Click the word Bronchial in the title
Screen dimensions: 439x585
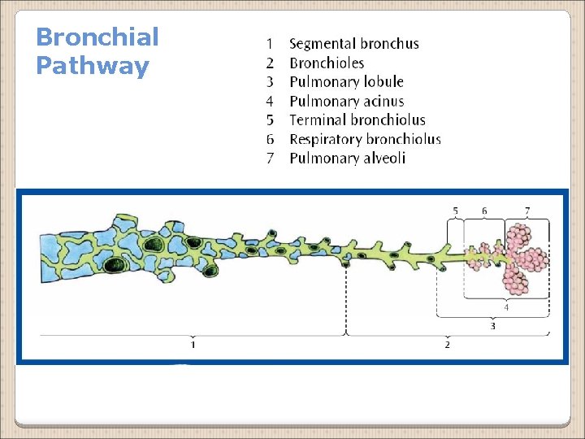coord(97,37)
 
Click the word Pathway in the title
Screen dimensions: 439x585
coord(93,66)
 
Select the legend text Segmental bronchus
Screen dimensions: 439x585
coord(354,44)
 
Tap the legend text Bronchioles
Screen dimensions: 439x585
coord(327,63)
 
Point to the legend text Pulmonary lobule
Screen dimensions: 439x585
coord(346,81)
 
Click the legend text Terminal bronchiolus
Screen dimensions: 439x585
coord(357,120)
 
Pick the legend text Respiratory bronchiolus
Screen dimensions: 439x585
coord(365,139)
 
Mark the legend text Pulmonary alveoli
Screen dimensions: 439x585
coord(347,158)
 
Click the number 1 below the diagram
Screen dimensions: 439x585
coord(193,345)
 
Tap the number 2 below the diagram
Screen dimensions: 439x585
coord(447,345)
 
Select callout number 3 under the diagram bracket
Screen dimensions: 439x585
coord(492,326)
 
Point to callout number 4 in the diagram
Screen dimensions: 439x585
coord(506,307)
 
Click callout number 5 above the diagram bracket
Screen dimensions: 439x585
coord(455,211)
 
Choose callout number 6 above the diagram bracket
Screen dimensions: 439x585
coord(484,211)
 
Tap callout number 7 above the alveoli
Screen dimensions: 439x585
coord(527,211)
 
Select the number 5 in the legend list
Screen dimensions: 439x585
coord(270,120)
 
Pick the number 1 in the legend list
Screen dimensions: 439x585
coord(270,44)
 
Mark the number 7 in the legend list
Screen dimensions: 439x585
coord(270,158)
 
